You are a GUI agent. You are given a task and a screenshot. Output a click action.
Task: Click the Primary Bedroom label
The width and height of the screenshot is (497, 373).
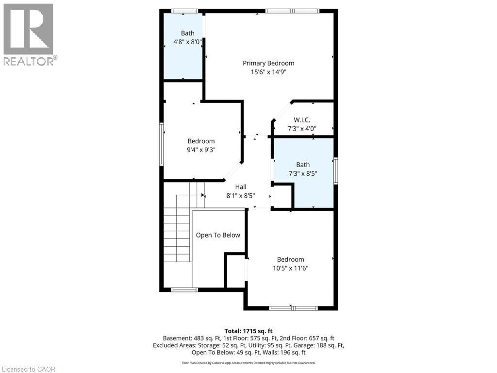click(x=268, y=63)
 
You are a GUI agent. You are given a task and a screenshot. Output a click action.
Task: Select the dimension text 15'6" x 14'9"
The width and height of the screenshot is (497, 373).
click(x=268, y=72)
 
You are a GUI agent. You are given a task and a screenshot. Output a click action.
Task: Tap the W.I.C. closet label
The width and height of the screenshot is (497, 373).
click(x=302, y=120)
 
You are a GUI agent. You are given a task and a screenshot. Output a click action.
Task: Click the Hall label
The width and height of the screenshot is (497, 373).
click(x=241, y=187)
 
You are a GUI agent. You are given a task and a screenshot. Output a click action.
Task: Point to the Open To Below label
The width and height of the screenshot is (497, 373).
click(x=218, y=235)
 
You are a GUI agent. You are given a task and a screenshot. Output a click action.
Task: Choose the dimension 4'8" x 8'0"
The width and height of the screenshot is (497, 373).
click(x=187, y=42)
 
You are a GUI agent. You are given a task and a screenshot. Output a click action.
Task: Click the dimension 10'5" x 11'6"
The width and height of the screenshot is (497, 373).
click(x=290, y=268)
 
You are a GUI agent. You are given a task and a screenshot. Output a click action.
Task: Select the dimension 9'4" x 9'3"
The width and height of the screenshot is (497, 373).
click(x=201, y=150)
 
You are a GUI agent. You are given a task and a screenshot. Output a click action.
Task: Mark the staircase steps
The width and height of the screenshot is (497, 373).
click(x=177, y=233)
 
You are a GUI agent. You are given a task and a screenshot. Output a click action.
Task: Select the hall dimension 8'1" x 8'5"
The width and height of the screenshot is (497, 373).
click(x=241, y=196)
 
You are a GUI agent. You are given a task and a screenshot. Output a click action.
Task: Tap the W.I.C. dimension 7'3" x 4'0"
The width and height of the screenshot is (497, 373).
click(x=302, y=129)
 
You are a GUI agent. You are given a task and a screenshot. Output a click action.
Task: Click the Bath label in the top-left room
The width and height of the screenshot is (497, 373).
click(x=187, y=34)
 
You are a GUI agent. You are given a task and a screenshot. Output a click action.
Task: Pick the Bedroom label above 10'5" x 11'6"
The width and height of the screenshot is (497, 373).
click(x=290, y=259)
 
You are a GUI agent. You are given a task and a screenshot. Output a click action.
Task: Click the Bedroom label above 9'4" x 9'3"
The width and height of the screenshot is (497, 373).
click(x=201, y=141)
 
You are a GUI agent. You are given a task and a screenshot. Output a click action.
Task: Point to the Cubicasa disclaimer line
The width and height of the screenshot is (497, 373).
click(x=248, y=363)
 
